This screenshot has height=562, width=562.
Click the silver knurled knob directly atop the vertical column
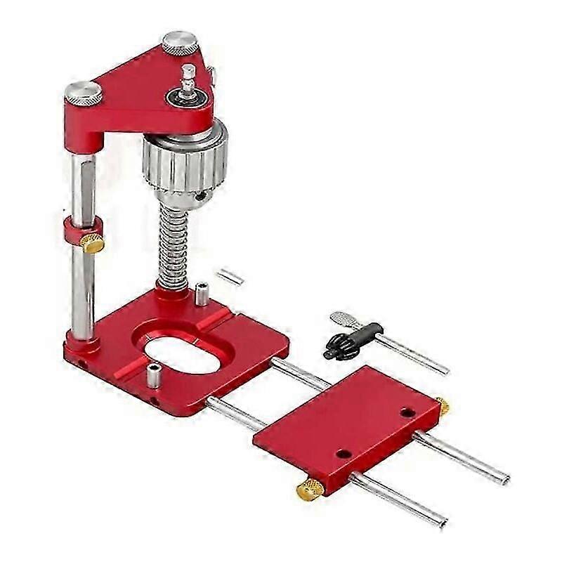tap(83, 93)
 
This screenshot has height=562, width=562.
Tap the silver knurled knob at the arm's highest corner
tap(181, 42)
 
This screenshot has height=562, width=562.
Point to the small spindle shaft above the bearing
tap(188, 77)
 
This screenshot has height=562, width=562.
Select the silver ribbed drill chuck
tap(185, 158)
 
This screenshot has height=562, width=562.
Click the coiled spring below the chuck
tap(172, 239)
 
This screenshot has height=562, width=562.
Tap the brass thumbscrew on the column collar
tap(92, 243)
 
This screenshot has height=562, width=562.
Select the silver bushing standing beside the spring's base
tap(202, 293)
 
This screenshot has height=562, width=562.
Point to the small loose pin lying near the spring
tap(230, 277)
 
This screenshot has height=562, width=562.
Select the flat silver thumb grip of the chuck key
tap(344, 320)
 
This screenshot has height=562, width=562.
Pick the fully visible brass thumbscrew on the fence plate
tap(310, 489)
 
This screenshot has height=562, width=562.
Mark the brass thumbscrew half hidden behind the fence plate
tap(443, 405)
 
